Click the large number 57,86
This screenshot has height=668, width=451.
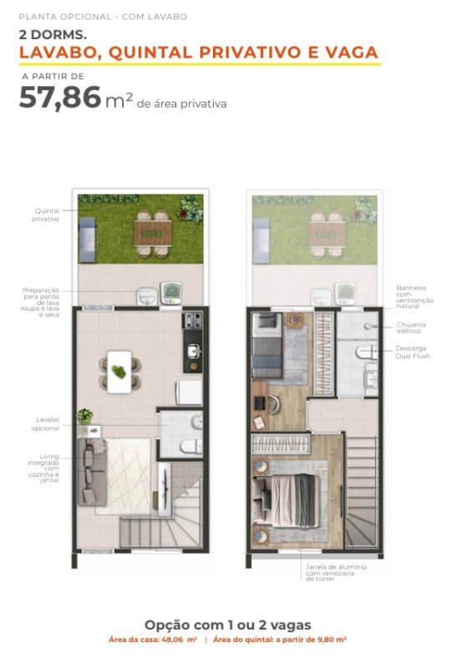(x=59, y=98)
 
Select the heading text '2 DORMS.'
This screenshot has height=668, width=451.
(x=53, y=35)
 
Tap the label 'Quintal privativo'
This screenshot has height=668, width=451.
(x=46, y=215)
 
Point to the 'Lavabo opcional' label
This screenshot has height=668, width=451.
(x=45, y=424)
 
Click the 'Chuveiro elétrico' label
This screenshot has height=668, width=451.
(x=411, y=327)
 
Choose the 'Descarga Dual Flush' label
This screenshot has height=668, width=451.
(x=413, y=352)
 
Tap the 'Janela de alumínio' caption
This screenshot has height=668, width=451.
(x=336, y=567)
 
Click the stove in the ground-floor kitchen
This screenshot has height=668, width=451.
(x=192, y=321)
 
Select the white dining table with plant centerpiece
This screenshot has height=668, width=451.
(x=119, y=372)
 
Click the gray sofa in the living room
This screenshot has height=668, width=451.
(x=91, y=472)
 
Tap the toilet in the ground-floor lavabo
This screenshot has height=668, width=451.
(x=191, y=447)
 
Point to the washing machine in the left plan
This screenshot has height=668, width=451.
(x=171, y=293)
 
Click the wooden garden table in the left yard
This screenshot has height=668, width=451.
(x=153, y=234)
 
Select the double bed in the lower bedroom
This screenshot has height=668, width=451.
(x=286, y=500)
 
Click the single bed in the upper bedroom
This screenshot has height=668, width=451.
(x=267, y=345)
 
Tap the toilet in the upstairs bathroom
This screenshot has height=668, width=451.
(x=367, y=352)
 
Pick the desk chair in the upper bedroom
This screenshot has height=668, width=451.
(x=273, y=402)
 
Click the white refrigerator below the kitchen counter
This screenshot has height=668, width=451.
(x=189, y=392)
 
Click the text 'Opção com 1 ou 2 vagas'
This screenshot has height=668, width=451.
(x=228, y=625)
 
